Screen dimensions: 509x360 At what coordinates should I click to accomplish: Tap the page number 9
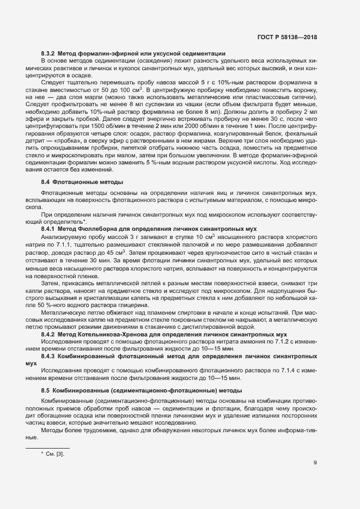click(315, 463)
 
